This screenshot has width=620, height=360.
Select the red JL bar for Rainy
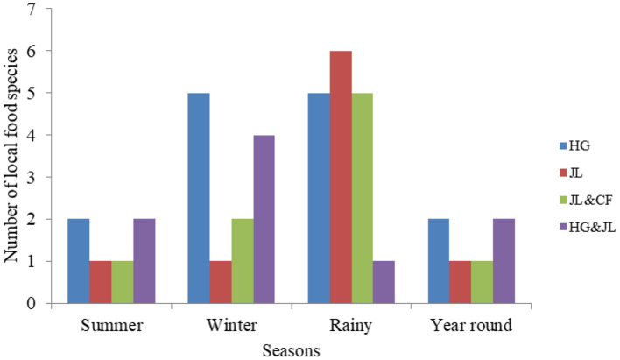[341, 177]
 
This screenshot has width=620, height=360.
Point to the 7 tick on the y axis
[32, 10]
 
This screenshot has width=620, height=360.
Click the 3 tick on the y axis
[32, 178]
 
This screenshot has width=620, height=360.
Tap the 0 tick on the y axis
[32, 304]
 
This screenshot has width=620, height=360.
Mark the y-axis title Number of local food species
[11, 156]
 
